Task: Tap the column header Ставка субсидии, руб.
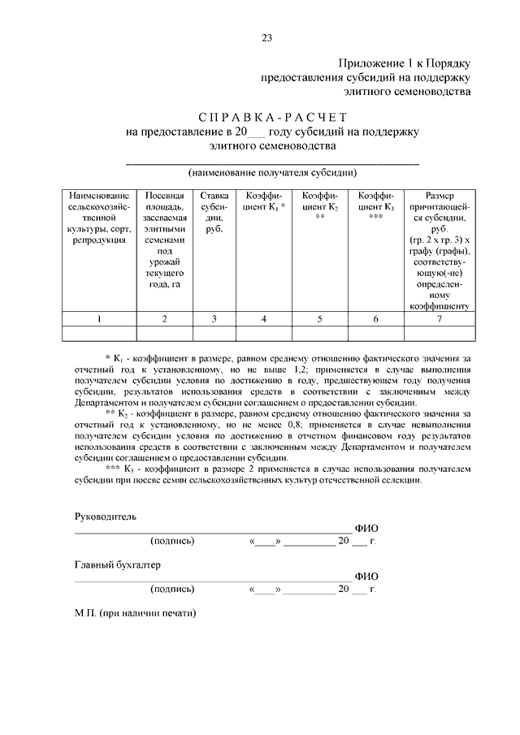pos(214,213)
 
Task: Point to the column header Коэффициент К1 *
pos(264,202)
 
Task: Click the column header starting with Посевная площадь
pos(164,240)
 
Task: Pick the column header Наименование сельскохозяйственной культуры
pos(99,218)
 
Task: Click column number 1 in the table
pos(99,319)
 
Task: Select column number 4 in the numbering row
pos(264,319)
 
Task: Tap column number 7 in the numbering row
pos(439,319)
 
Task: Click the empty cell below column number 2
pos(164,333)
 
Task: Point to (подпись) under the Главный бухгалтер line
pos(172,589)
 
